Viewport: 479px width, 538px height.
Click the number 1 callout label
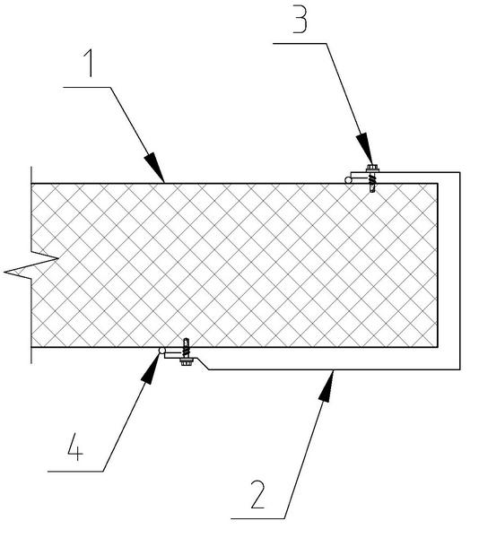click(89, 63)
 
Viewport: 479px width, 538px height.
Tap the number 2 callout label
click(258, 494)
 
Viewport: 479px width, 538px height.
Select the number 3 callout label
click(300, 20)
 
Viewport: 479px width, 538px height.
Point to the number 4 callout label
click(75, 447)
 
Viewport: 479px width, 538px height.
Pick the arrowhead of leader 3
click(364, 149)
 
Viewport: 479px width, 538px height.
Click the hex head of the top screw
click(372, 169)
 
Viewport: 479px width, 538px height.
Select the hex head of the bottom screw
click(187, 361)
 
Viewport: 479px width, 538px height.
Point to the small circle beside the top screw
click(348, 179)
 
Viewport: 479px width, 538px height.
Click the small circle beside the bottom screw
click(162, 351)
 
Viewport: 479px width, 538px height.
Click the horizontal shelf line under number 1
click(87, 87)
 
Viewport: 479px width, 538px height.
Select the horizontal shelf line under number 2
click(258, 518)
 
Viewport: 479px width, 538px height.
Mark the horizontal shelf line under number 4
click(75, 471)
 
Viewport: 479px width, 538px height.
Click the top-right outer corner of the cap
click(460, 172)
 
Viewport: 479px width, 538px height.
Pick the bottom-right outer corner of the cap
click(460, 369)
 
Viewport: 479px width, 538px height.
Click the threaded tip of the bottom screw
click(186, 342)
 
